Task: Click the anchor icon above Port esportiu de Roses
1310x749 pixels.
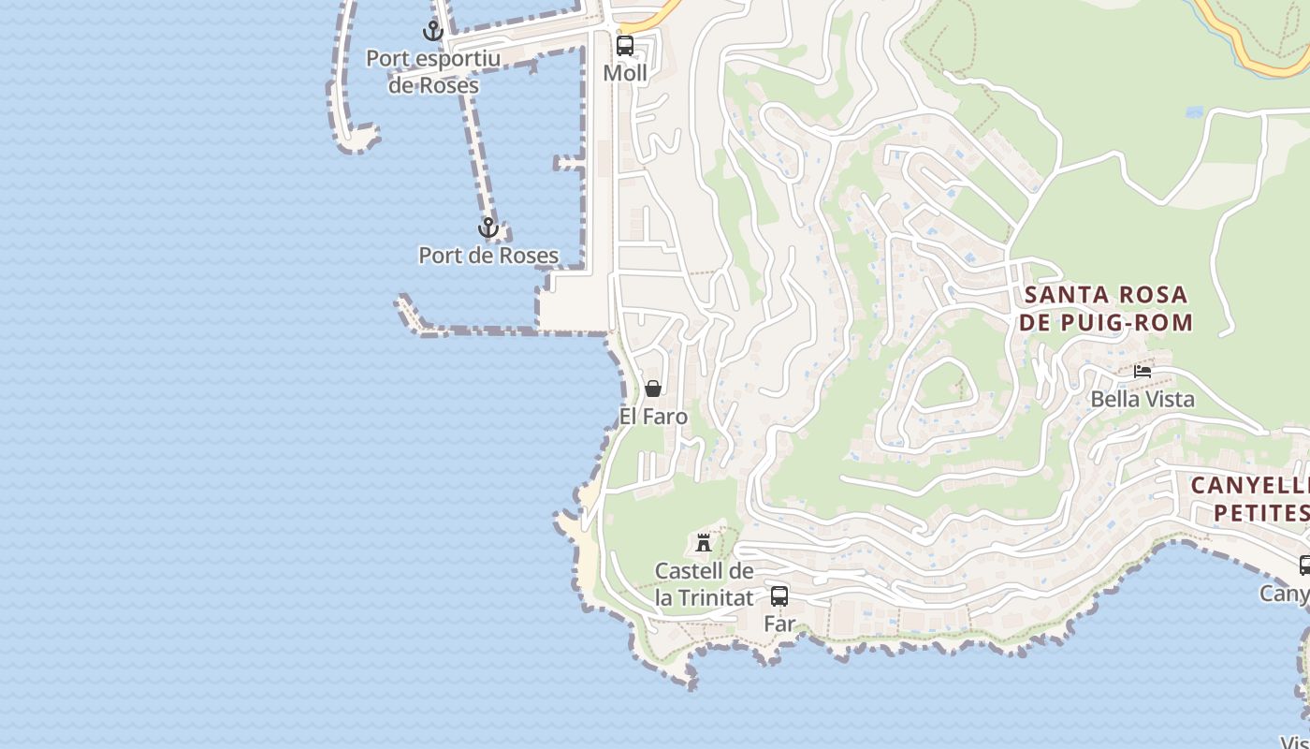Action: [x=432, y=31]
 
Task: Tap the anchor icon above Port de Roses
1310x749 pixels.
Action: [x=488, y=228]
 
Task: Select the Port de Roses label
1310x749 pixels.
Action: [x=488, y=255]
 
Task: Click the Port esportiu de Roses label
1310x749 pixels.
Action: [x=433, y=71]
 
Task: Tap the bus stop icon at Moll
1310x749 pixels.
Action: [x=624, y=45]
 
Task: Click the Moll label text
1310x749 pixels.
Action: [x=624, y=73]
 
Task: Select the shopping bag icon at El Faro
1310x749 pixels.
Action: [x=653, y=389]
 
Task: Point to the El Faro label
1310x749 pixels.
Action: [x=653, y=417]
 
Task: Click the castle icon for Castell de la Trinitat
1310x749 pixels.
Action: [x=704, y=542]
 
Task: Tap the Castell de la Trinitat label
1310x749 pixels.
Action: [x=704, y=583]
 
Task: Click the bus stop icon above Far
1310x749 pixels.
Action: [x=779, y=595]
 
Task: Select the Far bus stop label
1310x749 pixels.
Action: [x=779, y=624]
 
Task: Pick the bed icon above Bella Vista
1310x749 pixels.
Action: [x=1143, y=371]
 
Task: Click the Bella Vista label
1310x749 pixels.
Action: [x=1143, y=400]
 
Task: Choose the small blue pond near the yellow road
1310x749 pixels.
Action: [x=1194, y=112]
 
